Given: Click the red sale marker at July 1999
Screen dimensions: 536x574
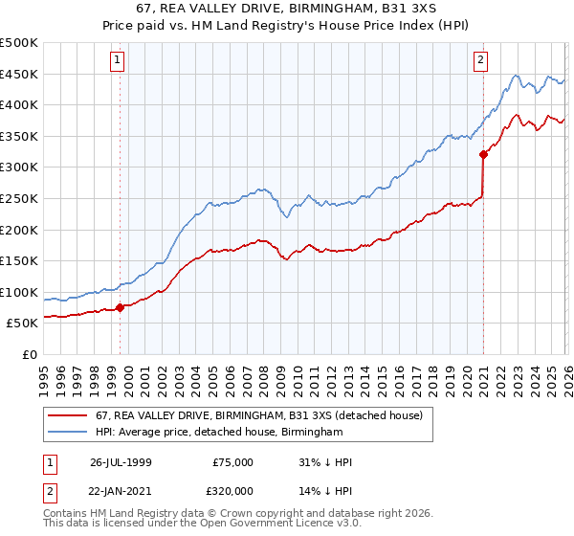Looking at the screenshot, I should tap(121, 307).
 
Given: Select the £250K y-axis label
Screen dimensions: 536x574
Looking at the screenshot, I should tap(19, 199).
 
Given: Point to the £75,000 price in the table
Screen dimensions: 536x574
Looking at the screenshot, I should tap(232, 462).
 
